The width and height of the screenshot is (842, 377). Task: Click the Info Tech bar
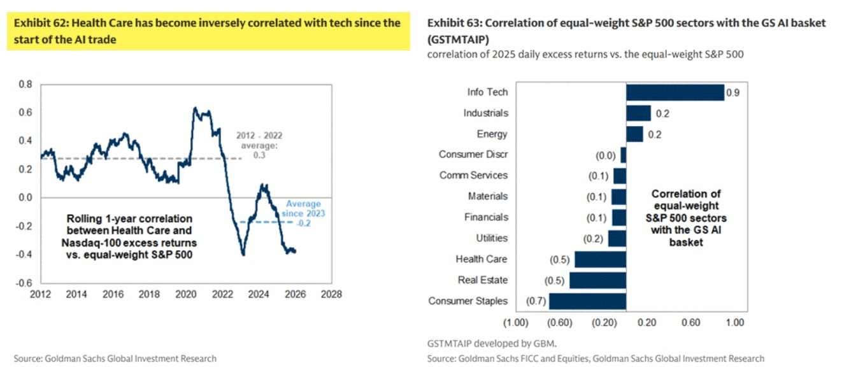click(675, 92)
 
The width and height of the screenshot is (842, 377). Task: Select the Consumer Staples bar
click(587, 301)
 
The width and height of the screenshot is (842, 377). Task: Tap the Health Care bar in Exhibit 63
click(600, 259)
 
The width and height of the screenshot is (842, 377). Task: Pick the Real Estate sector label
click(483, 280)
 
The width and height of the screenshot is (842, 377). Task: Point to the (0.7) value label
click(535, 301)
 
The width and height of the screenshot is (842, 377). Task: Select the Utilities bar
click(617, 238)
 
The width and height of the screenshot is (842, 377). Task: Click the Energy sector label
click(492, 134)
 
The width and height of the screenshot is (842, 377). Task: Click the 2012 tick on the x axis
click(40, 295)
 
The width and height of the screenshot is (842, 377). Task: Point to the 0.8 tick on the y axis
click(25, 84)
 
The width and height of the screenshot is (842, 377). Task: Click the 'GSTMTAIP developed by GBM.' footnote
click(487, 343)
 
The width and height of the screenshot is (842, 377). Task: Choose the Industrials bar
click(638, 113)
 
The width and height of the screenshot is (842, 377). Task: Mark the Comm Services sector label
click(474, 176)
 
